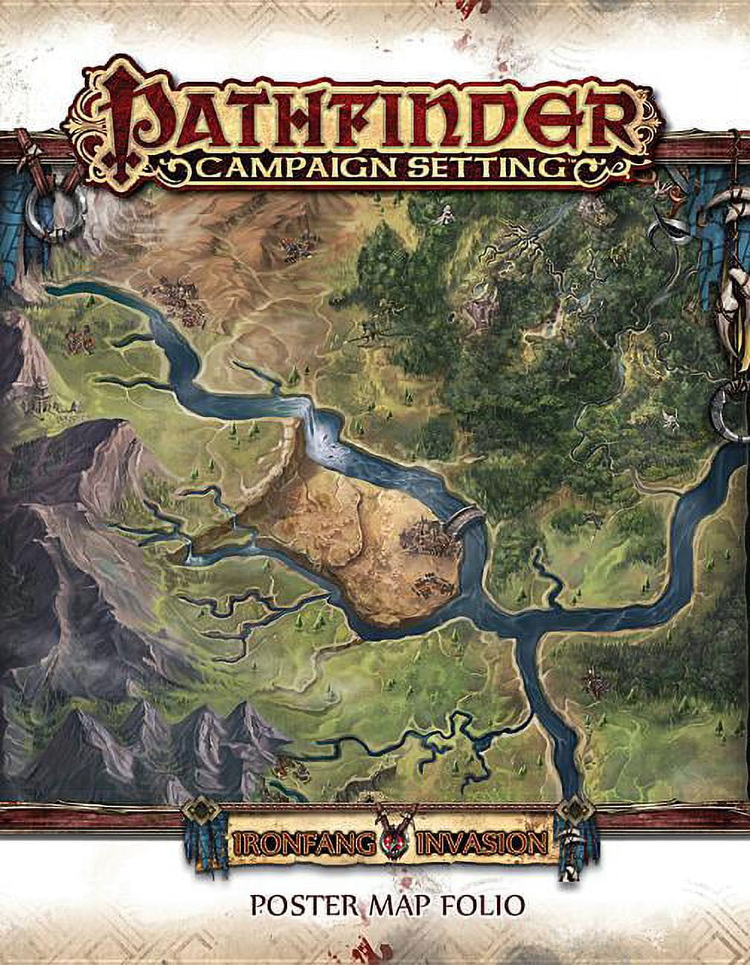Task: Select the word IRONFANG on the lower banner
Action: [292, 844]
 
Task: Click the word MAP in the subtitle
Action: [403, 905]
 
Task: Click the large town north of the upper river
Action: [179, 299]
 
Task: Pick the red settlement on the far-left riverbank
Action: [79, 340]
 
